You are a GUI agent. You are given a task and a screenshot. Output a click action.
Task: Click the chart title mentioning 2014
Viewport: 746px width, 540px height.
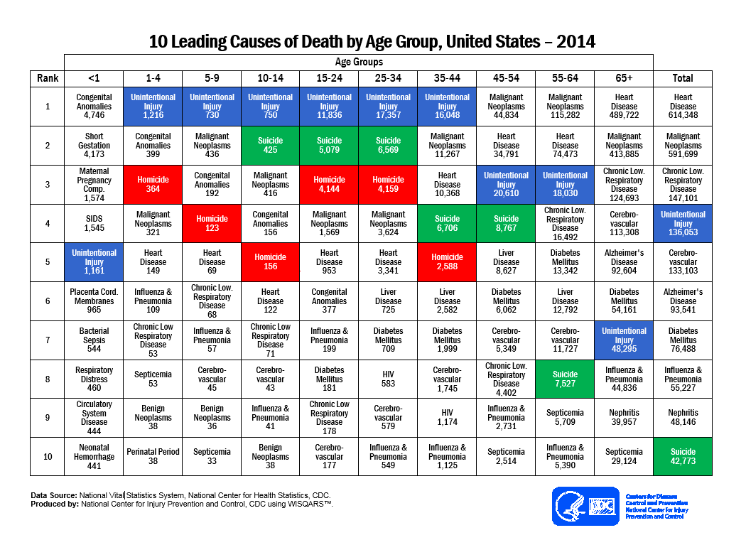pos(372,41)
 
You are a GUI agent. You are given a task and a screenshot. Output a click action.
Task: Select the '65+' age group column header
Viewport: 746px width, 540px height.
pos(624,78)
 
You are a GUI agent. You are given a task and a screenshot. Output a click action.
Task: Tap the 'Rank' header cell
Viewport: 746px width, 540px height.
pos(48,78)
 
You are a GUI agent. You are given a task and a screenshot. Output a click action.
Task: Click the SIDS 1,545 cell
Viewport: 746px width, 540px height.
pos(94,224)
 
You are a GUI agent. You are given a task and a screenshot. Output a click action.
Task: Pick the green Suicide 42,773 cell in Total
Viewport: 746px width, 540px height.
pos(683,456)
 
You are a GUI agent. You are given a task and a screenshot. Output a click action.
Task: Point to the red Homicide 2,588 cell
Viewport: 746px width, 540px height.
pos(447,262)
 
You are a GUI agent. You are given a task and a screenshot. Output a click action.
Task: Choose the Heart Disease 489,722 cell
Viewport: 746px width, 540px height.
pos(624,107)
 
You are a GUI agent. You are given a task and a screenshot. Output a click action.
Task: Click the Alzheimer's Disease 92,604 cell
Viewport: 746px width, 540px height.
pos(624,262)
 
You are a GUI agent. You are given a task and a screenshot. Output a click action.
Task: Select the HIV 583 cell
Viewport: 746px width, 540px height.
pos(388,379)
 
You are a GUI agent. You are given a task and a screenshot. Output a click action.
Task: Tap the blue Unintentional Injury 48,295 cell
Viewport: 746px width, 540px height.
pos(624,340)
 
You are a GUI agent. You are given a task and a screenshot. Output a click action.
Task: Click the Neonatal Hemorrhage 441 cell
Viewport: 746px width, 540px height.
pos(94,456)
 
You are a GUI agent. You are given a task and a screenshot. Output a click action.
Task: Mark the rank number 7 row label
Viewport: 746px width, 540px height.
pos(48,340)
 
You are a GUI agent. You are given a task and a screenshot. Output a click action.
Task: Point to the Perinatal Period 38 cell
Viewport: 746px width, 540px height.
pos(153,456)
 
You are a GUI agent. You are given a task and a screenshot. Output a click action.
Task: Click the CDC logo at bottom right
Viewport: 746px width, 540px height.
pos(585,506)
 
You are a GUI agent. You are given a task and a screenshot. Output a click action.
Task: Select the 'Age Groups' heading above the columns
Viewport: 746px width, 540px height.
pos(359,62)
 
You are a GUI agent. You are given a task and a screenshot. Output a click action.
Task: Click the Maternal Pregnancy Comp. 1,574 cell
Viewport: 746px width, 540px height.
pos(94,185)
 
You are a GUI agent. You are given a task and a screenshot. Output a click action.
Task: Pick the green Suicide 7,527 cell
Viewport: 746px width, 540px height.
pos(565,379)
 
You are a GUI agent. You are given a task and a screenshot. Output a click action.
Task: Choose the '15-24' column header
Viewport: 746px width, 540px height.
pos(329,78)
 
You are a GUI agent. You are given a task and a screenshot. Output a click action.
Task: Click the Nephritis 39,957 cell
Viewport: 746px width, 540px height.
pos(624,418)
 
